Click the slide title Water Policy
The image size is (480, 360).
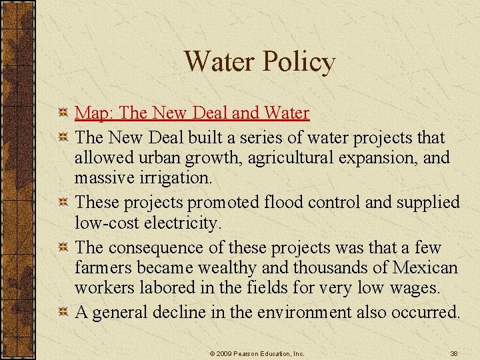pyautogui.click(x=259, y=62)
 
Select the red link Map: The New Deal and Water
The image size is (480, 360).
pyautogui.click(x=192, y=113)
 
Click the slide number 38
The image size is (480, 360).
pyautogui.click(x=453, y=353)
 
